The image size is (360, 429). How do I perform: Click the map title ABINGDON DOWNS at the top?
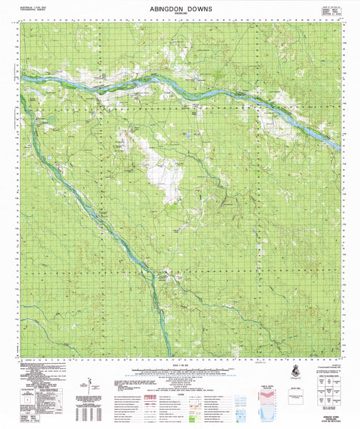pyautogui.click(x=180, y=8)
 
